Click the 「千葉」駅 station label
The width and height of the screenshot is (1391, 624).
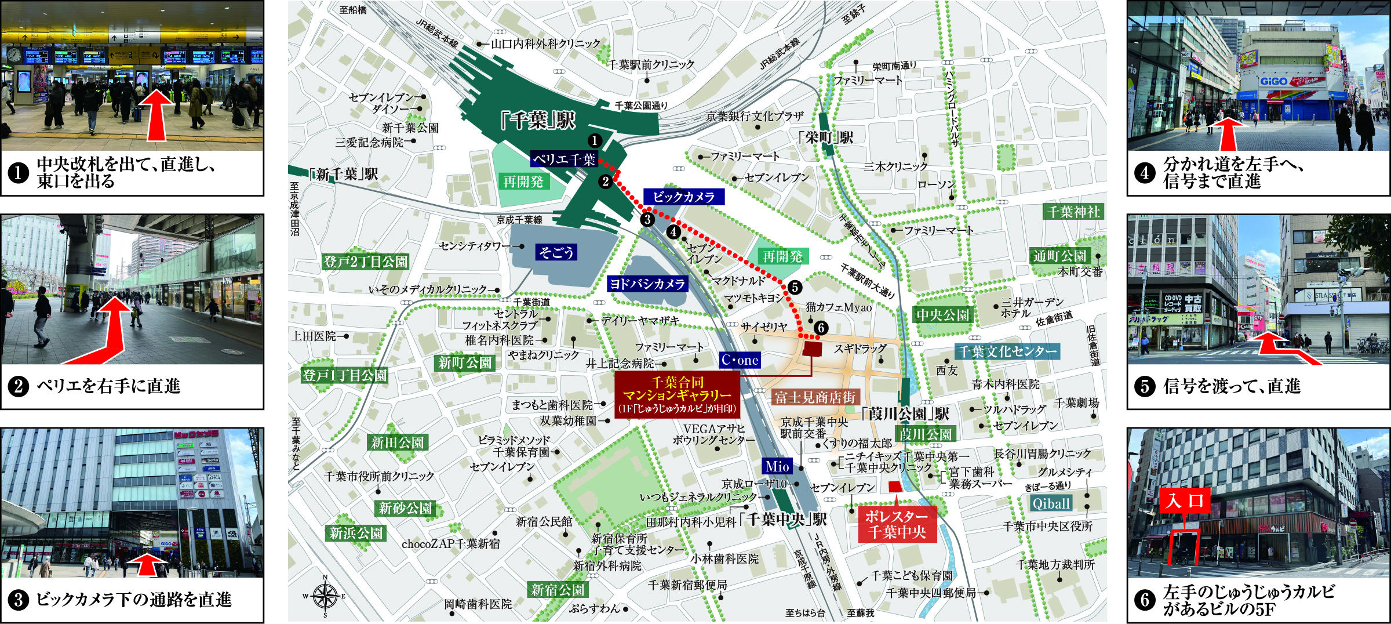[x=538, y=121]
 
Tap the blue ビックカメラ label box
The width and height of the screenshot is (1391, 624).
[x=684, y=197]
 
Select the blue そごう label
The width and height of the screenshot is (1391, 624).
[x=556, y=252]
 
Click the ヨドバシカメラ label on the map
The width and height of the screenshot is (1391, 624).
[x=647, y=284]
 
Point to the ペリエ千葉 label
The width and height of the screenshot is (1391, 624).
[x=564, y=159]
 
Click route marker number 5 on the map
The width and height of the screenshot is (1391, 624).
[x=795, y=287]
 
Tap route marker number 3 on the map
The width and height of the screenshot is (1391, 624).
[x=647, y=220]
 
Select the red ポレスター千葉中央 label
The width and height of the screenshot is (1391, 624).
[x=897, y=524]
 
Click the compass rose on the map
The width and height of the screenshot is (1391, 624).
[x=325, y=596]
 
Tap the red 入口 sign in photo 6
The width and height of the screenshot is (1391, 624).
[x=1185, y=500]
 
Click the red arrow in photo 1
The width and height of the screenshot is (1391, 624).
[x=159, y=115]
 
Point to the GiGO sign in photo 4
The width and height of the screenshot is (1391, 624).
[x=1273, y=82]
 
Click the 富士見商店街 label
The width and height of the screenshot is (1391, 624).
[x=815, y=397]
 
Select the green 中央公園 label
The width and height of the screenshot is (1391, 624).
[x=942, y=315]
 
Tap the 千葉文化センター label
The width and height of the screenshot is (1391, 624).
[x=1007, y=351]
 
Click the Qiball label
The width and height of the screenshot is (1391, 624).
[x=1051, y=503]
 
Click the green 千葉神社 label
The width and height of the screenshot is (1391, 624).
[x=1073, y=212]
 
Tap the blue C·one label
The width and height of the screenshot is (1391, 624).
[x=740, y=360]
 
